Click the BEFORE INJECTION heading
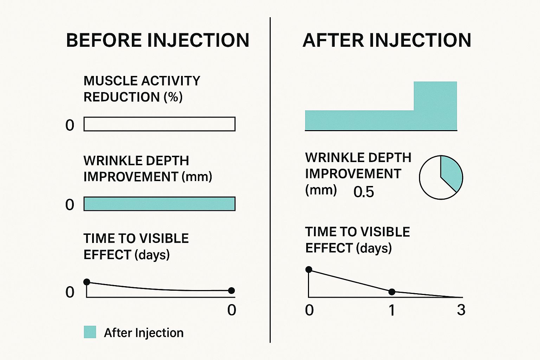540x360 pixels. coord(157,40)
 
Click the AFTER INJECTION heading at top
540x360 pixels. coord(387,40)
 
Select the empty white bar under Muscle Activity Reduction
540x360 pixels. coord(159,124)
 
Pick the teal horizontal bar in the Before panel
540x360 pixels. coord(159,204)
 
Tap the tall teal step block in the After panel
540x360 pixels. coord(435,105)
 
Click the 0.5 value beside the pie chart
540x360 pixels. coord(364,192)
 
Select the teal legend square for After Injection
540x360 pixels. coord(90,332)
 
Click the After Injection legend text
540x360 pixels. coord(144,333)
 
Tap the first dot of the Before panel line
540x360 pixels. coord(87,282)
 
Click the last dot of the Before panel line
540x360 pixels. coord(231,290)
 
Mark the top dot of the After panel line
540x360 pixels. coord(309,269)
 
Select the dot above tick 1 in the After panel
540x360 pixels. coord(392,292)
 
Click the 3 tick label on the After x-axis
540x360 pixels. coord(461,310)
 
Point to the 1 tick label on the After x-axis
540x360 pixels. coord(392,310)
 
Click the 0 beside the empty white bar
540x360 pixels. coord(70,125)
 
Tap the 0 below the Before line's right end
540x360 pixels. coord(232,310)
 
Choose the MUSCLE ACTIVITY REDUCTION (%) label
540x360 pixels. coord(142,89)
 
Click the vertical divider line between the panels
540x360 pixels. coord(270,180)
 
